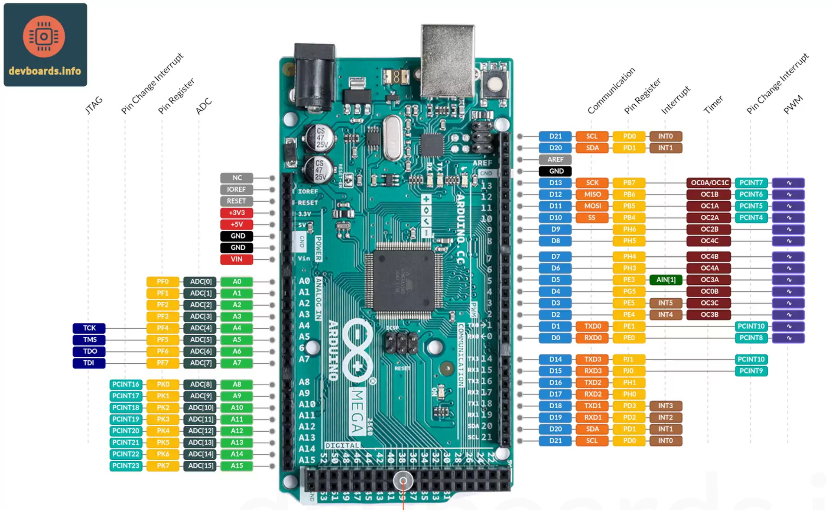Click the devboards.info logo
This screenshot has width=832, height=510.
click(x=45, y=45)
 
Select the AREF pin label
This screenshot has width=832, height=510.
click(x=555, y=159)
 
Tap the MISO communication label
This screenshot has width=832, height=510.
click(x=592, y=194)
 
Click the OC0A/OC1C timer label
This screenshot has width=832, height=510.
click(x=709, y=183)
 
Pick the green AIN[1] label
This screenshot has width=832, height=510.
click(x=666, y=280)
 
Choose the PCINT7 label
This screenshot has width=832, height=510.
click(x=751, y=183)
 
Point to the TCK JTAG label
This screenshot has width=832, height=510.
click(x=89, y=328)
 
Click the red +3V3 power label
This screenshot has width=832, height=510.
click(x=237, y=213)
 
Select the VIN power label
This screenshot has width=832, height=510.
click(x=237, y=259)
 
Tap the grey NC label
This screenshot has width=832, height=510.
click(x=237, y=178)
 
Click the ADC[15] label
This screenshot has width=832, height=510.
click(x=200, y=466)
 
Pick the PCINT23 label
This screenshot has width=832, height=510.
click(x=126, y=466)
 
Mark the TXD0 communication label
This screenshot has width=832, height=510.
click(x=592, y=326)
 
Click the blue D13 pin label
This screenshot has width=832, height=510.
click(x=555, y=183)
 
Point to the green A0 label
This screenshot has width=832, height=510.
click(x=237, y=281)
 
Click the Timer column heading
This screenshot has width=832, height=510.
click(x=713, y=105)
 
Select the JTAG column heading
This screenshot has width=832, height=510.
click(x=94, y=105)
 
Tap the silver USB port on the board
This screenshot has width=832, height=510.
click(x=448, y=61)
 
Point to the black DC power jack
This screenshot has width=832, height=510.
click(x=314, y=74)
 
